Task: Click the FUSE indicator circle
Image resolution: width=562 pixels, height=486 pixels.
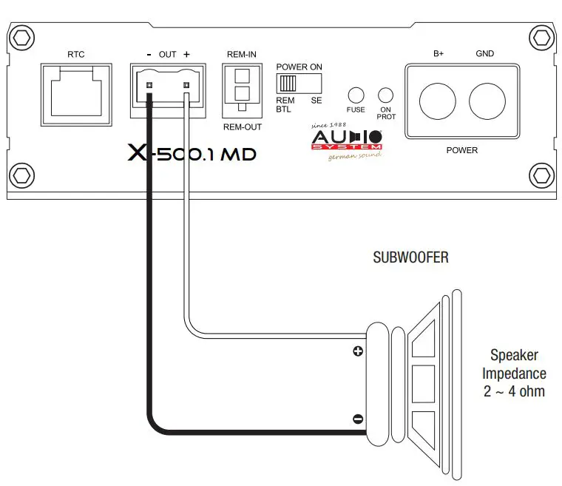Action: click(x=356, y=95)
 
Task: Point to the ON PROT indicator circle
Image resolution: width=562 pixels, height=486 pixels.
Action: click(x=385, y=95)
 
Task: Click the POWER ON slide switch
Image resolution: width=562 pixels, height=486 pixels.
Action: click(x=299, y=82)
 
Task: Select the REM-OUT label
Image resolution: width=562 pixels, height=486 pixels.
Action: click(x=242, y=127)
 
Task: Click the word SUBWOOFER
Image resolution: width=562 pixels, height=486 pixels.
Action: click(x=410, y=258)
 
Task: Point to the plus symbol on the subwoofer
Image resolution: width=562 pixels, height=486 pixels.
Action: click(x=358, y=351)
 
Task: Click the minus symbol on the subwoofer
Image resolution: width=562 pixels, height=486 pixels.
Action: click(x=358, y=419)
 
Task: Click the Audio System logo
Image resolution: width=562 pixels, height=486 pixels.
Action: click(x=346, y=141)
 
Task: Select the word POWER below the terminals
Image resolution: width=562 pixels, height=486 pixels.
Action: click(x=461, y=150)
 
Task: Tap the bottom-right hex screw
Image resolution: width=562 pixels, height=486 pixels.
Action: click(x=541, y=176)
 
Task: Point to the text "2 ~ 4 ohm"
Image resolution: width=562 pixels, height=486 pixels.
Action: click(x=514, y=391)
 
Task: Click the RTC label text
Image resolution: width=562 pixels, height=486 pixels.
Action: click(x=75, y=54)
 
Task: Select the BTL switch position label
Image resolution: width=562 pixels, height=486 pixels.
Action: click(x=283, y=109)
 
